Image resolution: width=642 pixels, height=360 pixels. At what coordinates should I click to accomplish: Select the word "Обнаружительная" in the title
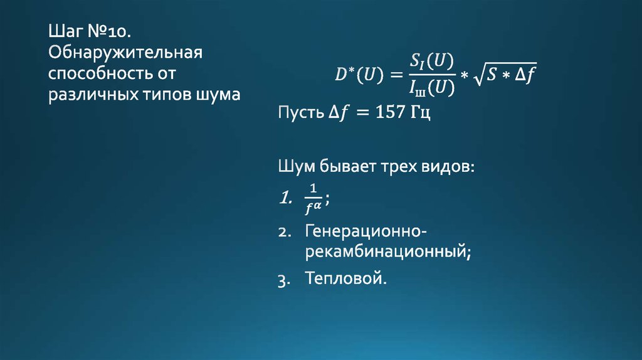tap(125, 52)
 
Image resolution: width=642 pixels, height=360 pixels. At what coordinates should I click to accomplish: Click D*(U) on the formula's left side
tap(355, 75)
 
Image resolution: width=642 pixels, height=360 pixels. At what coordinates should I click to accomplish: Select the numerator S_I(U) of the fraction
tap(428, 61)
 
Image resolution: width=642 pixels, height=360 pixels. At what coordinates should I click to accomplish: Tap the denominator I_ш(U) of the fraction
tap(428, 88)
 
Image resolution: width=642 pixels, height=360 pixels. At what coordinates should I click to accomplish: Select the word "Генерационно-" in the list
tap(367, 230)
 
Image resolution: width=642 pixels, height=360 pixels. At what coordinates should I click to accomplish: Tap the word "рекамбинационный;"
tap(388, 252)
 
